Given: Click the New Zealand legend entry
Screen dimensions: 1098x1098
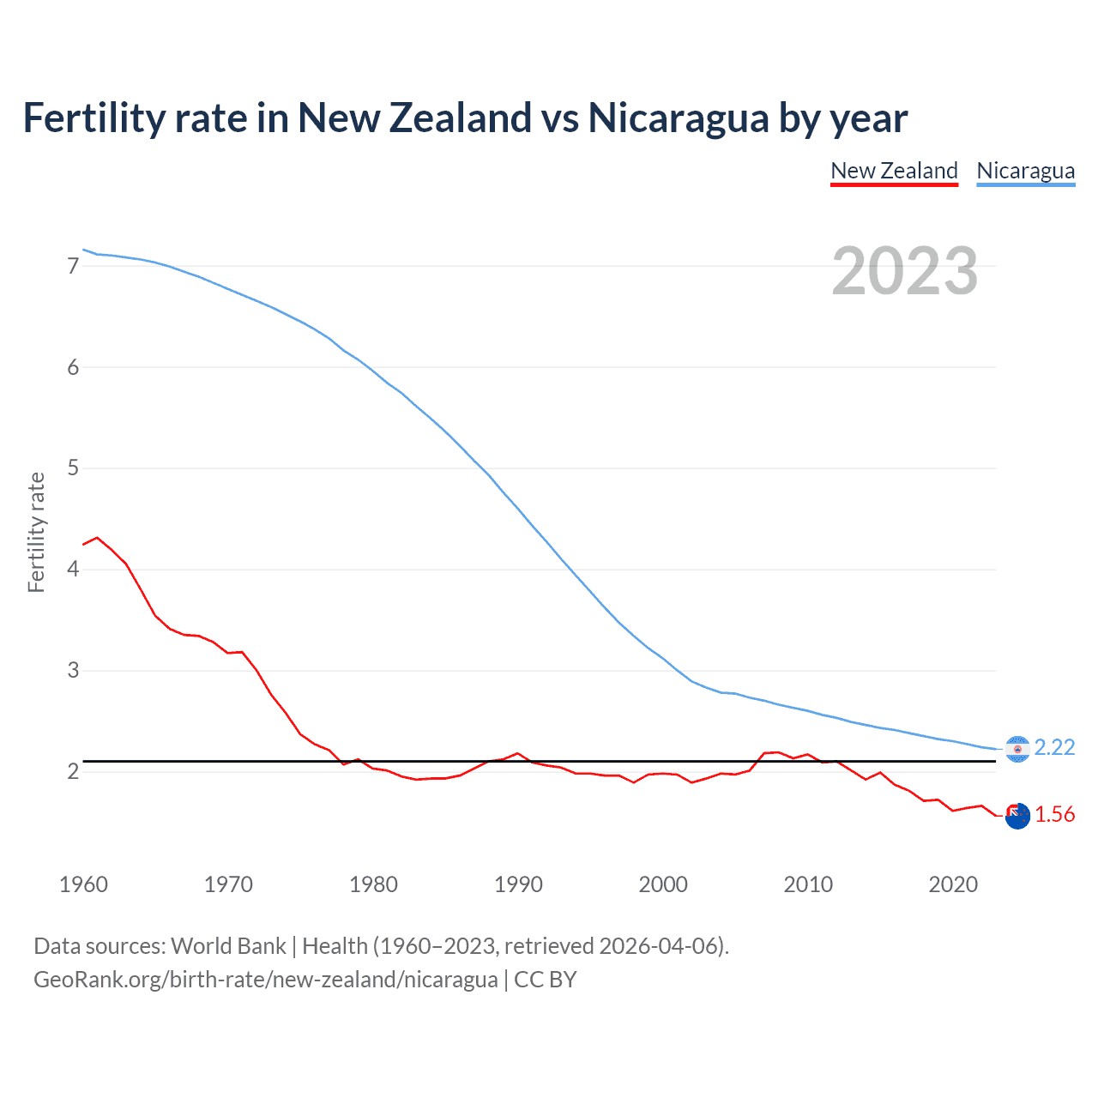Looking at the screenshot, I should (894, 171).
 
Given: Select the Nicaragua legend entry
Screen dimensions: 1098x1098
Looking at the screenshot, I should (1025, 171).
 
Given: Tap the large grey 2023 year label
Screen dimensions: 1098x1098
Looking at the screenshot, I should (904, 271).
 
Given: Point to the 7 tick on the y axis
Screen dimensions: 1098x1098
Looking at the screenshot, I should (73, 267).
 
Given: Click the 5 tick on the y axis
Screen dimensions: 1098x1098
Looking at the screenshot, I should (73, 468).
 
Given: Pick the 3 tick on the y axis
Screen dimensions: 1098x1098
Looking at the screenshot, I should (73, 671).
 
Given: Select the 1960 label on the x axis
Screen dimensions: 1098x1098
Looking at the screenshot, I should (83, 884).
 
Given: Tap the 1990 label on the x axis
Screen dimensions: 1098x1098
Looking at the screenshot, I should (518, 884).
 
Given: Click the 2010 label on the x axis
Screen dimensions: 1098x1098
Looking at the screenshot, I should (808, 884).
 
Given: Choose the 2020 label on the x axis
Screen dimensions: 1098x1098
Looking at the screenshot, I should (953, 884).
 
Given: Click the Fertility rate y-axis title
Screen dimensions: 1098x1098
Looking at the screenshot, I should (36, 532).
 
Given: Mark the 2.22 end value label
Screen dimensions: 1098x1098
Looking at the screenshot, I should (1054, 748).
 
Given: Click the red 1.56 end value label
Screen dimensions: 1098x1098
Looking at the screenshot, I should (1054, 815).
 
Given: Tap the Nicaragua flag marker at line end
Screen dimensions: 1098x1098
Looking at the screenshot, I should (1017, 749).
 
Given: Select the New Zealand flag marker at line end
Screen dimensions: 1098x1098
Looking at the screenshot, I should (1017, 817).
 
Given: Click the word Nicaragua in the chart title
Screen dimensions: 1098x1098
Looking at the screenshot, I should (678, 118).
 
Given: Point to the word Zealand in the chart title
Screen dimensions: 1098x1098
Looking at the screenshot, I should (460, 118).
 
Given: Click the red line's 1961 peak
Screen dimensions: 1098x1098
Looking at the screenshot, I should (97, 538).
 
